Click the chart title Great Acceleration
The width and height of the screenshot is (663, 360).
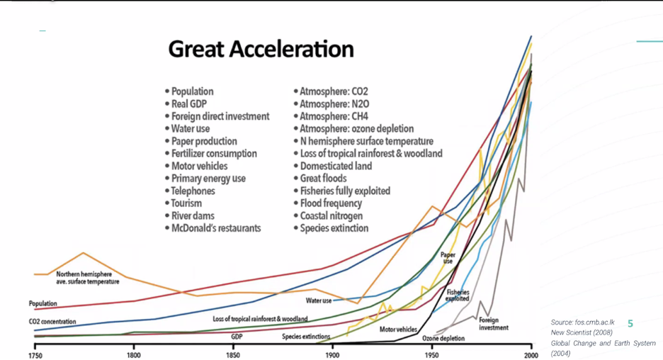pos(261,50)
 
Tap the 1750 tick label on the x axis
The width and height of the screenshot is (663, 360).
pos(35,355)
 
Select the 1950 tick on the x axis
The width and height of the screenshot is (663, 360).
pos(431,355)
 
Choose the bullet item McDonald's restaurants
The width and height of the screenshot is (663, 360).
pos(215,228)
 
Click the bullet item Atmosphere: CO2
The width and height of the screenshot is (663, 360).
pos(333,91)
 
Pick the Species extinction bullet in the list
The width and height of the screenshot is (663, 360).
pos(334,228)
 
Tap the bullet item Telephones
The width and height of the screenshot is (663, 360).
pos(193,191)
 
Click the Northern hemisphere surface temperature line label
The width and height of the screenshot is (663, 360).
pos(87,277)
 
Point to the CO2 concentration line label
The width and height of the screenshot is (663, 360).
pos(48,322)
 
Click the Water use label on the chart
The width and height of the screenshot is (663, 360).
pos(319,300)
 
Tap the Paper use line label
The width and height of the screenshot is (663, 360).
pos(448,258)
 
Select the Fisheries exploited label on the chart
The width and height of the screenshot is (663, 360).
pos(458,295)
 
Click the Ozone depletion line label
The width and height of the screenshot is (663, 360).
pos(443,339)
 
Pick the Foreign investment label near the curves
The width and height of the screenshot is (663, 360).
pos(493,324)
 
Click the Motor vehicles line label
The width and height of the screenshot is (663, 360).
pos(398,330)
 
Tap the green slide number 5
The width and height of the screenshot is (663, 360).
pos(630,323)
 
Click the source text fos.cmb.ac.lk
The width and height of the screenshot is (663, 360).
pos(582,322)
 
